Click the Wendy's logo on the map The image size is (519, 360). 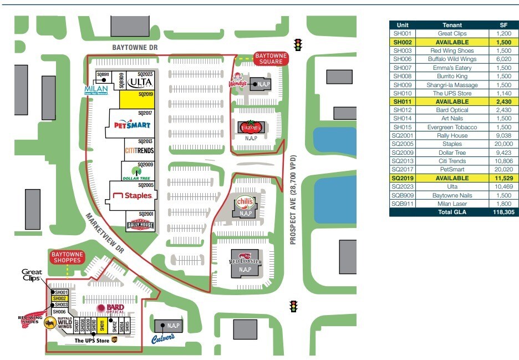pyautogui.click(x=237, y=81)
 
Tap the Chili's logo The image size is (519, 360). pyautogui.click(x=245, y=202)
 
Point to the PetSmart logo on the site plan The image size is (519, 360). pyautogui.click(x=131, y=125)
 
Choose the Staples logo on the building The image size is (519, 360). pyautogui.click(x=131, y=195)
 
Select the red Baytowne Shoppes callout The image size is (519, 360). pyautogui.click(x=68, y=257)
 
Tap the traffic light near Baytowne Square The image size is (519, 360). pyautogui.click(x=298, y=44)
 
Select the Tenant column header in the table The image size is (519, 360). pyautogui.click(x=451, y=25)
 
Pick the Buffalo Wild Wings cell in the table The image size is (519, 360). pyautogui.click(x=451, y=59)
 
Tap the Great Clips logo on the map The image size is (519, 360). pyautogui.click(x=32, y=275)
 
